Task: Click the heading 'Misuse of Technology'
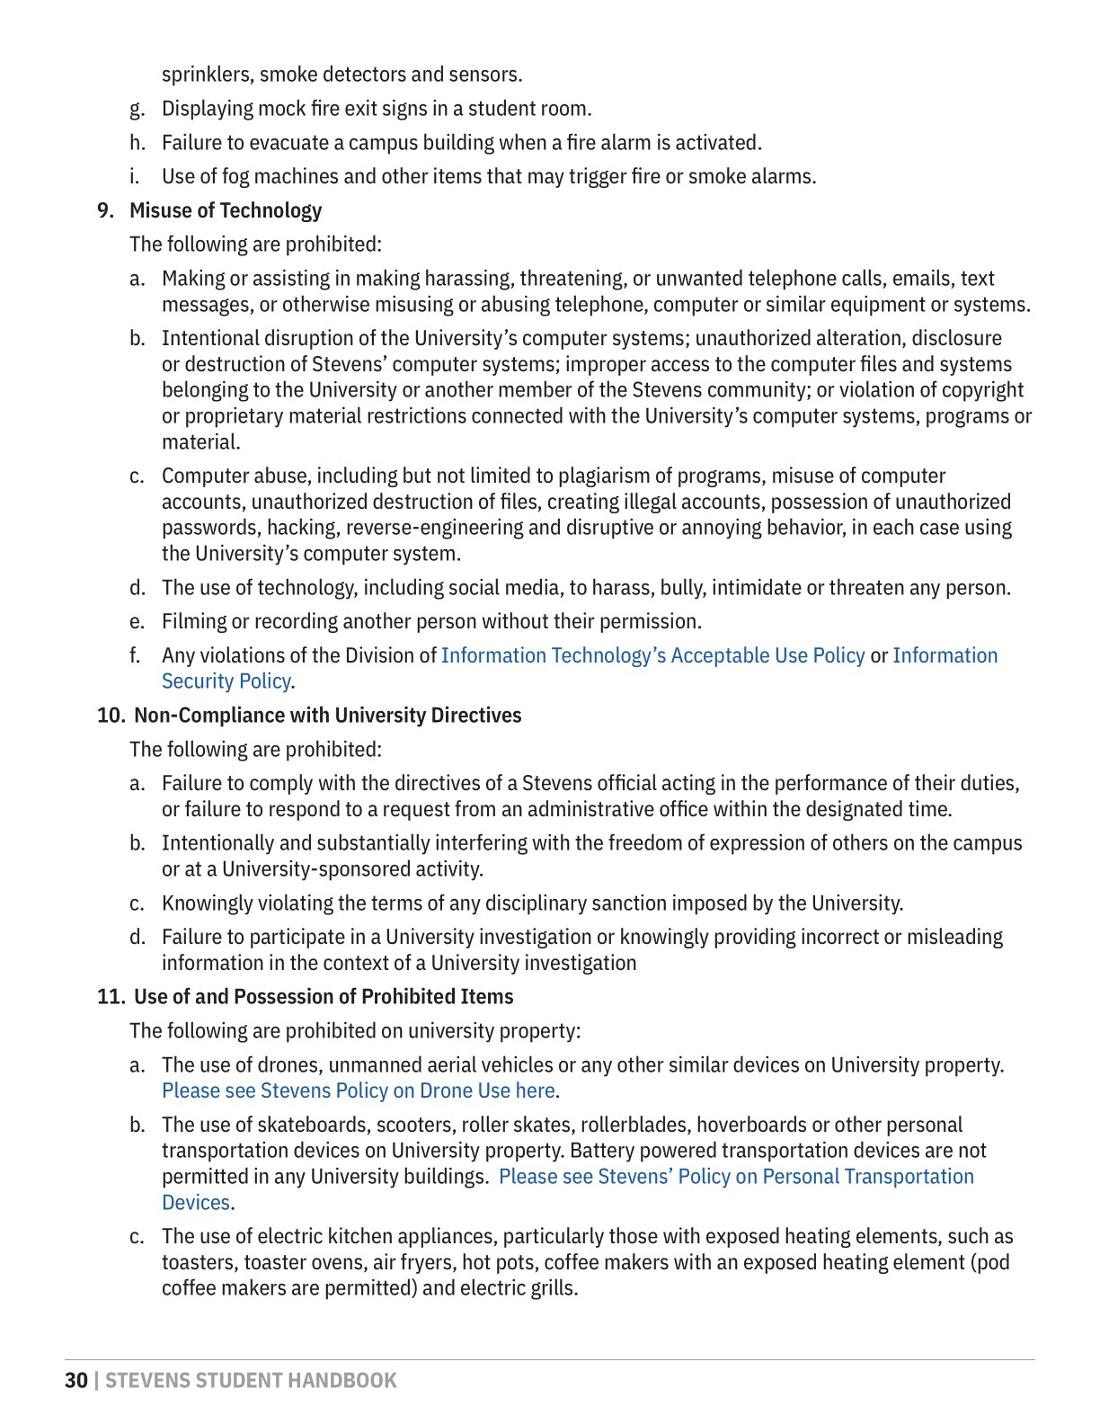pos(226,210)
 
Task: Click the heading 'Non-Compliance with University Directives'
pos(327,716)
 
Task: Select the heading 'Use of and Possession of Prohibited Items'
pos(324,997)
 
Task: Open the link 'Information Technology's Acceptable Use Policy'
pos(652,655)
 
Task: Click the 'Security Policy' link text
pos(226,681)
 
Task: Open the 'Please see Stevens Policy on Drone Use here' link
pos(358,1090)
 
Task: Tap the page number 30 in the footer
pos(76,1381)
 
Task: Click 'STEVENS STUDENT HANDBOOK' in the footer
pos(251,1381)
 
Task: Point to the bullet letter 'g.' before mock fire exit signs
pos(137,109)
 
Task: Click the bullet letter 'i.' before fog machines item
pos(134,176)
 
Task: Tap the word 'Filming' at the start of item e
pos(193,622)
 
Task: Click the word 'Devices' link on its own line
pos(196,1203)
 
